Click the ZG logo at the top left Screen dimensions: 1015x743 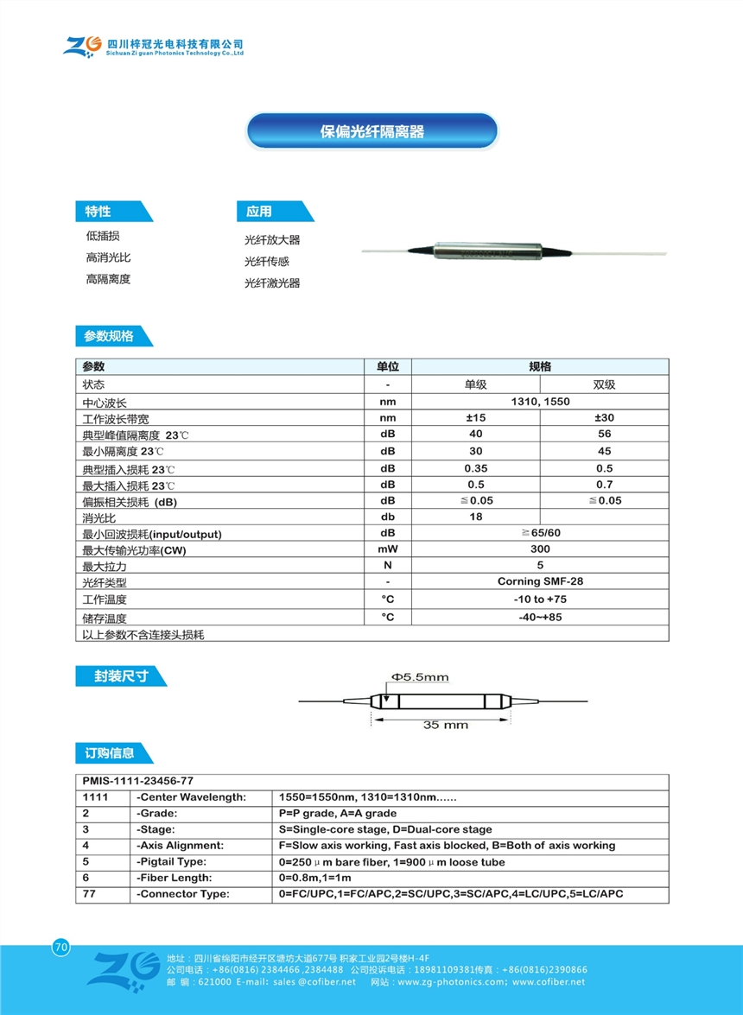coord(82,46)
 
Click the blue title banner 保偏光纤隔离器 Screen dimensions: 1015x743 coord(372,131)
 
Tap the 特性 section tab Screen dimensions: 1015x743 coord(98,212)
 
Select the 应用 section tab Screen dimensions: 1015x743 coord(259,212)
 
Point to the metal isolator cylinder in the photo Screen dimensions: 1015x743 coord(487,251)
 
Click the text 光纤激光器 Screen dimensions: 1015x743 coord(272,282)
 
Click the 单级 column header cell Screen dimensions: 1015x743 coord(476,384)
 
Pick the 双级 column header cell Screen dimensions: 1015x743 coord(604,384)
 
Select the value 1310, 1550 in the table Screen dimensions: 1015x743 coord(540,402)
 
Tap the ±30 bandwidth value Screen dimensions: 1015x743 coord(604,418)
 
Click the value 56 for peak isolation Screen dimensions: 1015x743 coord(604,435)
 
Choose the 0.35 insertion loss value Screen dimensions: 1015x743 coord(476,467)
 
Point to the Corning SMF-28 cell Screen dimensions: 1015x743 coord(540,581)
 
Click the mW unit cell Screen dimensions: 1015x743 coord(388,549)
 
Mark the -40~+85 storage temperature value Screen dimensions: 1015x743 coord(540,617)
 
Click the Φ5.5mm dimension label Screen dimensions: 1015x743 coord(420,677)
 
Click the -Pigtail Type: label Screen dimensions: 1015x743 coord(174,862)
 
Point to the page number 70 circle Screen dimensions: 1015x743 coord(60,947)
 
